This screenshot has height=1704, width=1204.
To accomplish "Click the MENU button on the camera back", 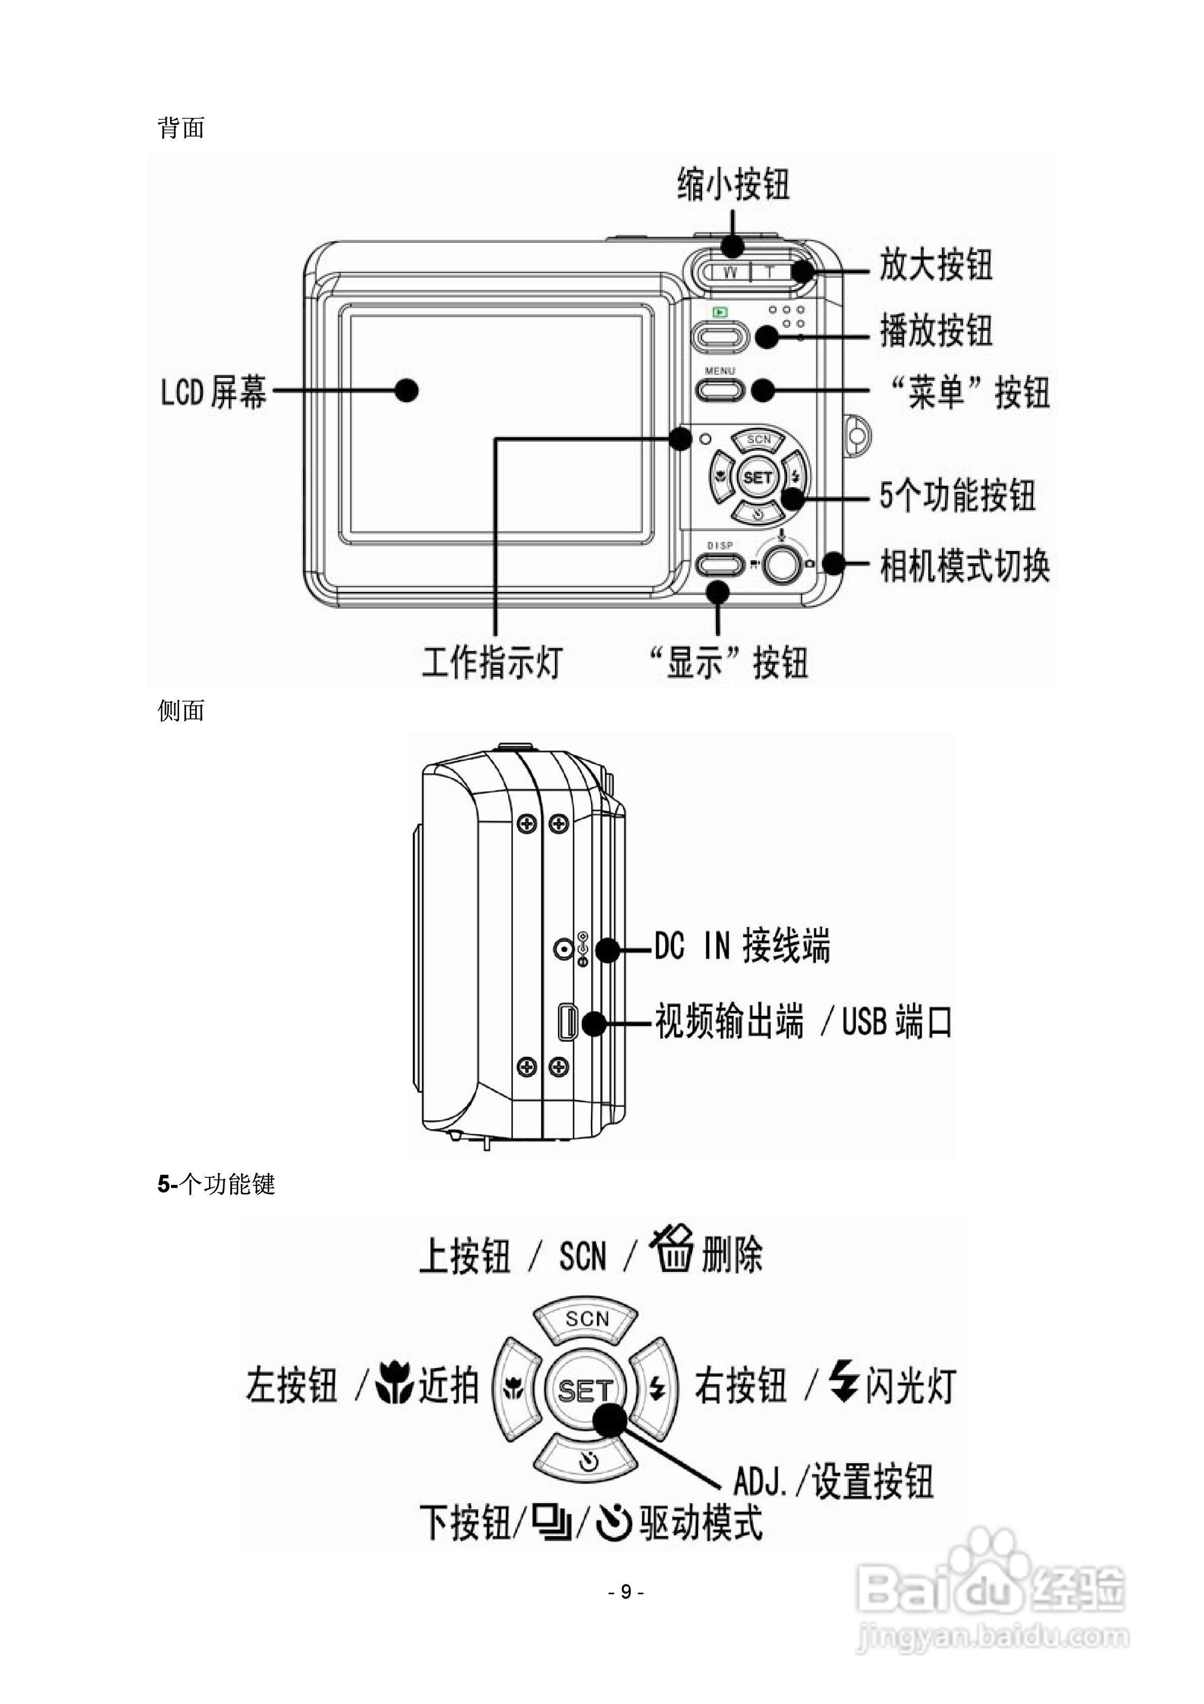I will pos(718,390).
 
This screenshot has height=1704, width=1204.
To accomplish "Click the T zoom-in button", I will pos(770,272).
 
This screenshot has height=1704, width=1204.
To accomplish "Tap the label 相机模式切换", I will pos(964,566).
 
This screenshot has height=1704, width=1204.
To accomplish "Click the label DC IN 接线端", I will pos(742,946).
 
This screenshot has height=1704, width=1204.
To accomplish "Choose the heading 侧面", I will pos(181,710).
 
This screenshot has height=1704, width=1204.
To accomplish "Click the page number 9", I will pos(626,1591).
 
